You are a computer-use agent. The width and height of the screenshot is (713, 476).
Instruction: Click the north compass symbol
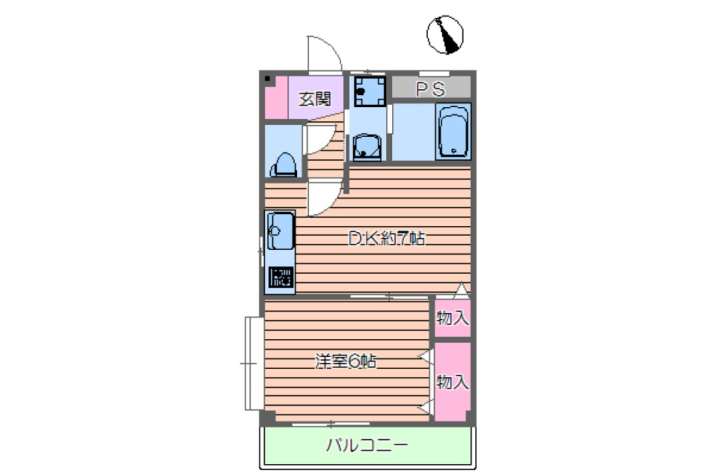pyautogui.click(x=445, y=36)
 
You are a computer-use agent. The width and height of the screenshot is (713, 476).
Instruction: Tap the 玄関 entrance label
pyautogui.click(x=314, y=98)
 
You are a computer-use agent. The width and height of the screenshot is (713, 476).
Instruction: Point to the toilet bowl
pyautogui.click(x=284, y=163)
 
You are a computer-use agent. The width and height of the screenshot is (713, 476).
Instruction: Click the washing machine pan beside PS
pyautogui.click(x=368, y=91)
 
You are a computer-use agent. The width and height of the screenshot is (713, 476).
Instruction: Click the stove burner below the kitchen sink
pyautogui.click(x=281, y=277)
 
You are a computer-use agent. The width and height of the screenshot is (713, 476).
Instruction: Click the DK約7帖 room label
pyautogui.click(x=386, y=239)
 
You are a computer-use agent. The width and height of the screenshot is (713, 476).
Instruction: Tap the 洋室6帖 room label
pyautogui.click(x=345, y=362)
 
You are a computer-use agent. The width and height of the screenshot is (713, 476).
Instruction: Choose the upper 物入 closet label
pyautogui.click(x=452, y=318)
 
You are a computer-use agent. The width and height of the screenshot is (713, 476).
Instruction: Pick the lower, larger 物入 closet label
pyautogui.click(x=452, y=382)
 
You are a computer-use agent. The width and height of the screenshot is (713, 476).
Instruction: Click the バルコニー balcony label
pyautogui.click(x=366, y=446)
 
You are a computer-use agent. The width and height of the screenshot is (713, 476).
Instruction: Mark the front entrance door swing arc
pyautogui.click(x=325, y=54)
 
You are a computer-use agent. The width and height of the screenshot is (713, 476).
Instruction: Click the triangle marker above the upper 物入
pyautogui.click(x=461, y=289)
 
